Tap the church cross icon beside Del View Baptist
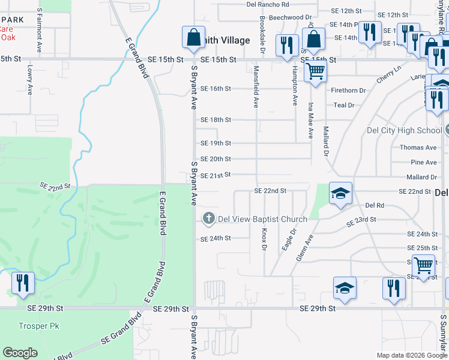(209, 218)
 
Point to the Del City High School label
(404, 130)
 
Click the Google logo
(20, 353)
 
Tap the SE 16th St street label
(215, 89)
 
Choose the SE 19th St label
(215, 143)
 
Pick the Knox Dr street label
(264, 239)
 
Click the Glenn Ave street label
(305, 247)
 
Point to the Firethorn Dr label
(348, 91)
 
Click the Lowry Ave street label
(29, 80)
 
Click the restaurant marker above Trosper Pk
(23, 283)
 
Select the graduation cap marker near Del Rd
(340, 193)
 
